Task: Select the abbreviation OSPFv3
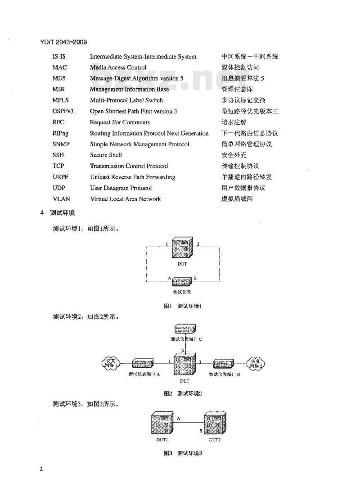pos(63,111)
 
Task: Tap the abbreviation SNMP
pos(61,144)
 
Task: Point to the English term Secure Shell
pos(106,155)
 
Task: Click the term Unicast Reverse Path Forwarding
pos(132,177)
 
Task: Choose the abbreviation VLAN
pos(61,199)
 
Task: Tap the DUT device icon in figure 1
pos(182,248)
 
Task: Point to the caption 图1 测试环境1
pos(182,307)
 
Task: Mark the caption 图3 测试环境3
pos(182,453)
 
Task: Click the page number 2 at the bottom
pos(41,470)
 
